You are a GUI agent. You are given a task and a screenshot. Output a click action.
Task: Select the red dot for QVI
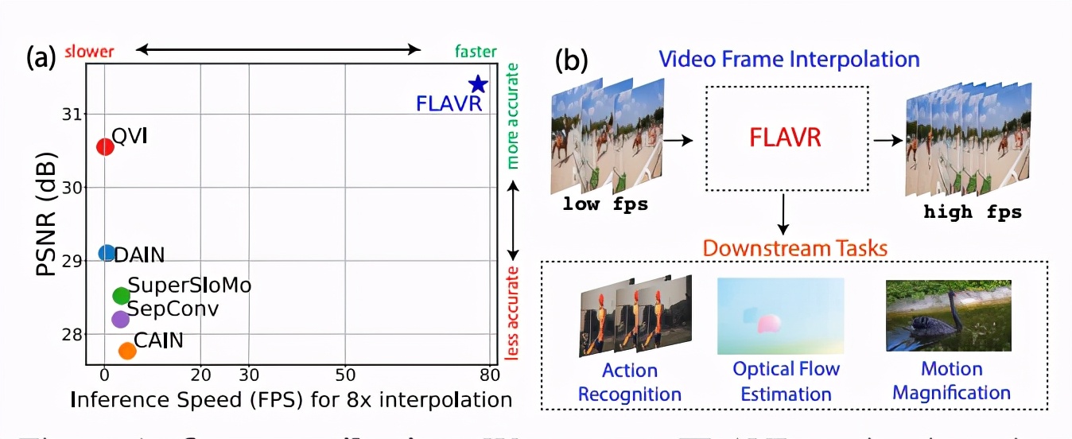pyautogui.click(x=105, y=146)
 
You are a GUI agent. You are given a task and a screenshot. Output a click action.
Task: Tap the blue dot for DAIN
pyautogui.click(x=107, y=253)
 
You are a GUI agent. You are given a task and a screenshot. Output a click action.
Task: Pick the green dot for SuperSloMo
pyautogui.click(x=121, y=296)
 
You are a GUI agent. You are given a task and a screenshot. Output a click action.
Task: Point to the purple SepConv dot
pyautogui.click(x=120, y=319)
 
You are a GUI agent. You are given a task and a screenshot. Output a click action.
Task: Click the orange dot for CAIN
pyautogui.click(x=127, y=351)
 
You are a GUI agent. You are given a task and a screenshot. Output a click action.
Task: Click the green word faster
pyautogui.click(x=476, y=52)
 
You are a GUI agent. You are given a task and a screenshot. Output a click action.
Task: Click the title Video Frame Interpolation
pyautogui.click(x=789, y=59)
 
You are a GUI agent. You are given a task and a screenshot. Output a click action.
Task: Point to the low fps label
pyautogui.click(x=605, y=204)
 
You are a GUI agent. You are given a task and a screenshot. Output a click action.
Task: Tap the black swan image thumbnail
pyautogui.click(x=948, y=316)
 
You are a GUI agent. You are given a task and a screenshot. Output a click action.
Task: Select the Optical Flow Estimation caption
pyautogui.click(x=786, y=381)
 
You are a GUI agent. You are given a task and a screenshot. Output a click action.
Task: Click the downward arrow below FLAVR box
pyautogui.click(x=785, y=215)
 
